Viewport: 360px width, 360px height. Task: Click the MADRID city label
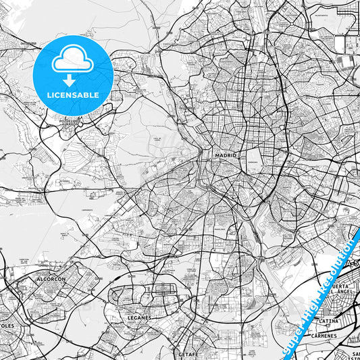tap(226, 155)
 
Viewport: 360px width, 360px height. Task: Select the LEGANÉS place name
tap(138, 316)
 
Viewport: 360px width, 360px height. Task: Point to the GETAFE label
tap(189, 354)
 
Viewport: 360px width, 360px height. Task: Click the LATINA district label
tap(328, 321)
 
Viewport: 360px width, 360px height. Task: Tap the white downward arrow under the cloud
tap(70, 80)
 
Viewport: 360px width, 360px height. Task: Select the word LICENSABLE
tap(73, 95)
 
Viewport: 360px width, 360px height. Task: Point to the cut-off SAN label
tap(355, 353)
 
